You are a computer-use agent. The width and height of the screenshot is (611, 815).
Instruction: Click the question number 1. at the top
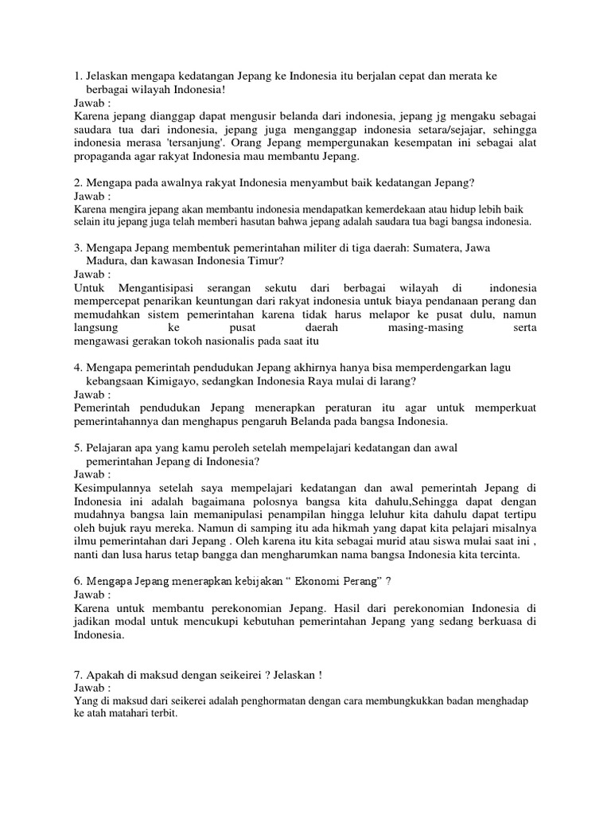(x=78, y=76)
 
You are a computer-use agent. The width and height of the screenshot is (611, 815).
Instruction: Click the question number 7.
(x=78, y=675)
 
